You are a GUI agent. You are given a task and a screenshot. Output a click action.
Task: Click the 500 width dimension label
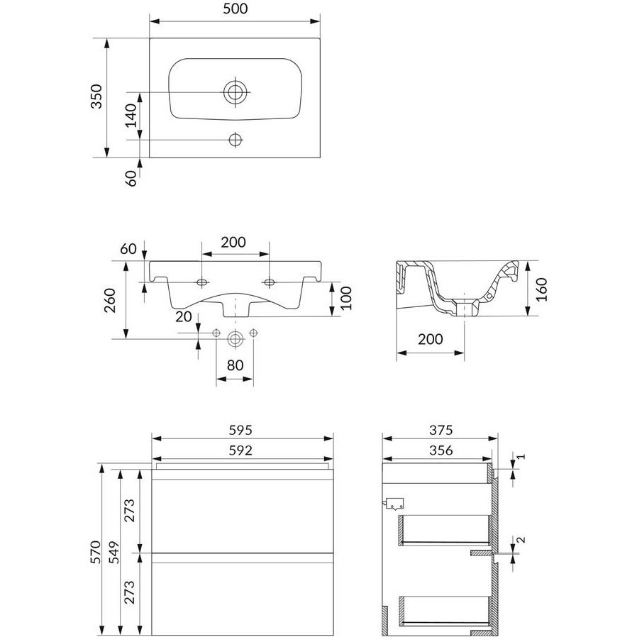pyautogui.click(x=236, y=9)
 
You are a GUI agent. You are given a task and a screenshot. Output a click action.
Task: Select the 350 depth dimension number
pyautogui.click(x=96, y=96)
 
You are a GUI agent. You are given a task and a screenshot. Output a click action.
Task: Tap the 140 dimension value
pyautogui.click(x=131, y=116)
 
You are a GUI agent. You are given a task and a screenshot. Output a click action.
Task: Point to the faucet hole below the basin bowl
pyautogui.click(x=236, y=140)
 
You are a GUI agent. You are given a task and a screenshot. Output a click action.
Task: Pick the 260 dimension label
pyautogui.click(x=110, y=300)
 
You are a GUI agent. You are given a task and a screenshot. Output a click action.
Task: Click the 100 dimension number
pyautogui.click(x=346, y=298)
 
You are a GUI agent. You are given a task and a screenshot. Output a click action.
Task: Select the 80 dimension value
pyautogui.click(x=236, y=365)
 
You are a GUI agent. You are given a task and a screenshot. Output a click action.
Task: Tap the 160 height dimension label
pyautogui.click(x=541, y=289)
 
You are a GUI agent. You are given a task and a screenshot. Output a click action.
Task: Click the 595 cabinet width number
pyautogui.click(x=240, y=429)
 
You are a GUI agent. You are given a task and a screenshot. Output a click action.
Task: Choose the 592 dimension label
pyautogui.click(x=240, y=450)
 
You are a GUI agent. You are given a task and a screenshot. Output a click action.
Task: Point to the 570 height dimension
pyautogui.click(x=96, y=552)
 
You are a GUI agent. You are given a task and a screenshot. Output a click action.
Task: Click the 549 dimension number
pyautogui.click(x=116, y=552)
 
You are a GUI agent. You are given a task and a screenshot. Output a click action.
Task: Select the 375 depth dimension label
pyautogui.click(x=441, y=429)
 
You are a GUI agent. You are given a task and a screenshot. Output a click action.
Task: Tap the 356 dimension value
pyautogui.click(x=441, y=450)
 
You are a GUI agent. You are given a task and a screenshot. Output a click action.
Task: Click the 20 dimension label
pyautogui.click(x=184, y=316)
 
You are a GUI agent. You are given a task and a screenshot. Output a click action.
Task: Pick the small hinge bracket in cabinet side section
pyautogui.click(x=394, y=504)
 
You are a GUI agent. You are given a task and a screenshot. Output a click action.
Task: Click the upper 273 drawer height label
pyautogui.click(x=129, y=510)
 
